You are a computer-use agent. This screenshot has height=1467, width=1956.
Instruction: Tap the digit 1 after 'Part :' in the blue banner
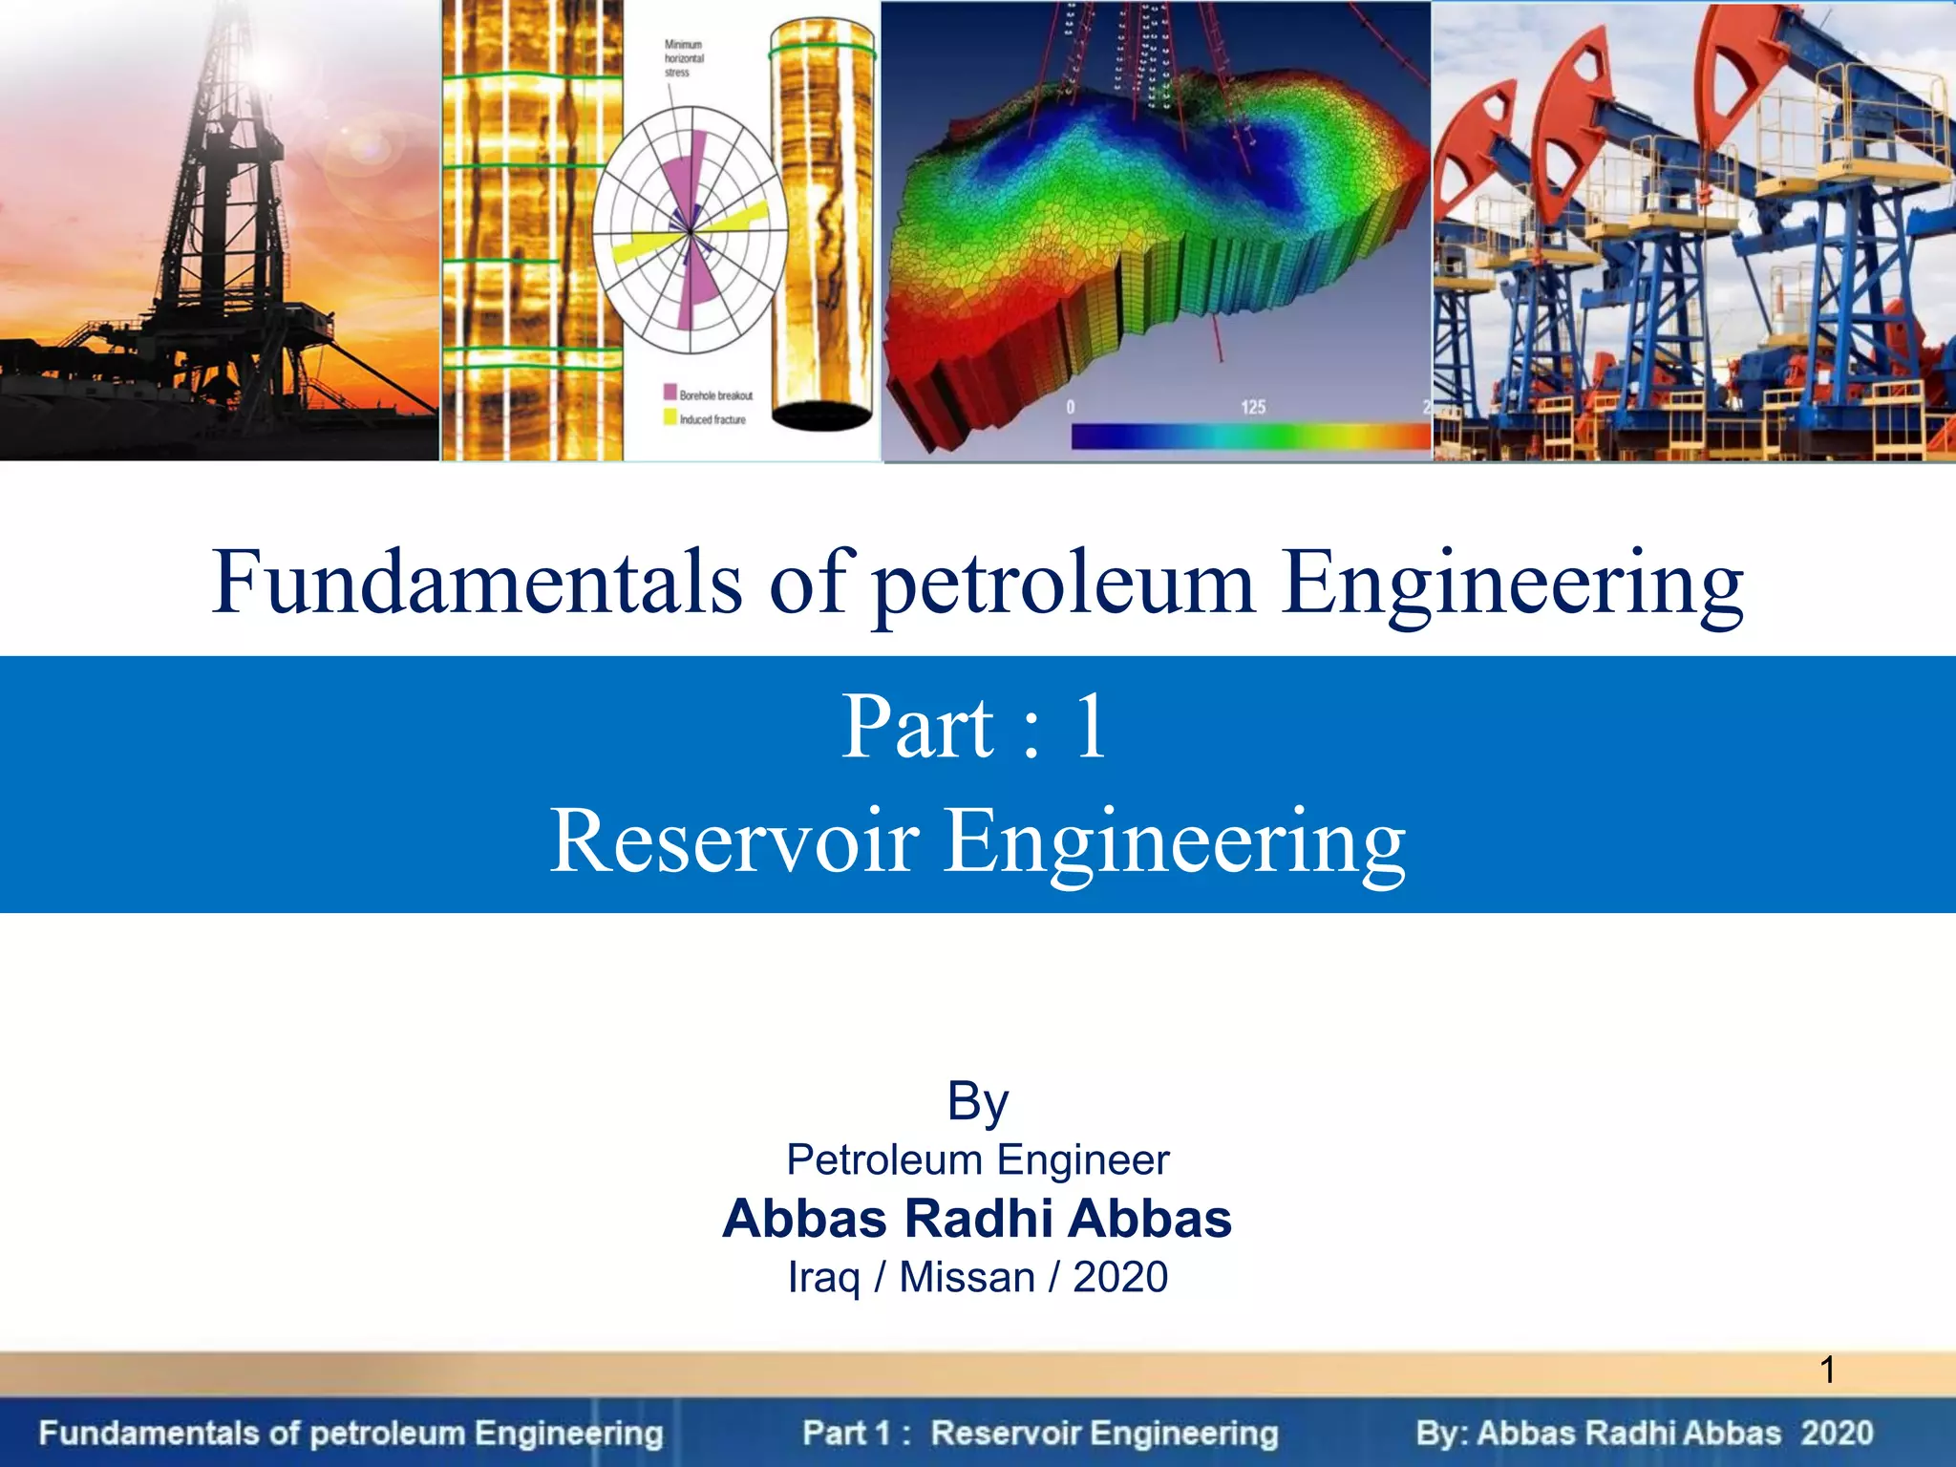click(1091, 728)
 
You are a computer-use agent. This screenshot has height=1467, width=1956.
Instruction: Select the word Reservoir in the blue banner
click(733, 841)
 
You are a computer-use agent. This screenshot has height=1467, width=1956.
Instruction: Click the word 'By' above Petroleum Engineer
click(977, 1101)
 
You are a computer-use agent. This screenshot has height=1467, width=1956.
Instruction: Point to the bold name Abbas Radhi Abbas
click(977, 1219)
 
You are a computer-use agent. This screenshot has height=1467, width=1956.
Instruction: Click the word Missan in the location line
click(967, 1278)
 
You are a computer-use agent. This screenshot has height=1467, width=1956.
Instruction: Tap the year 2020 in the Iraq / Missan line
click(1120, 1278)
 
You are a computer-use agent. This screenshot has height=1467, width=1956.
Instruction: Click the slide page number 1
click(1827, 1371)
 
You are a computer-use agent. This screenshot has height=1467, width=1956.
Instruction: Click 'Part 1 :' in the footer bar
click(856, 1434)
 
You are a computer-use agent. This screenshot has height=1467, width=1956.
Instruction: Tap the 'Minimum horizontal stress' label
click(684, 58)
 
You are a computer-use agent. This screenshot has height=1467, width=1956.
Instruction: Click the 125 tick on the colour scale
click(1252, 408)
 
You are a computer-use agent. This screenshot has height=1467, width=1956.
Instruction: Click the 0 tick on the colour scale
click(1071, 408)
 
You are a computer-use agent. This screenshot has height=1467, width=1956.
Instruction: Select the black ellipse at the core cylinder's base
click(821, 416)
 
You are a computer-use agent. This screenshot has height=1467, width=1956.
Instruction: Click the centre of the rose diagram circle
click(690, 232)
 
